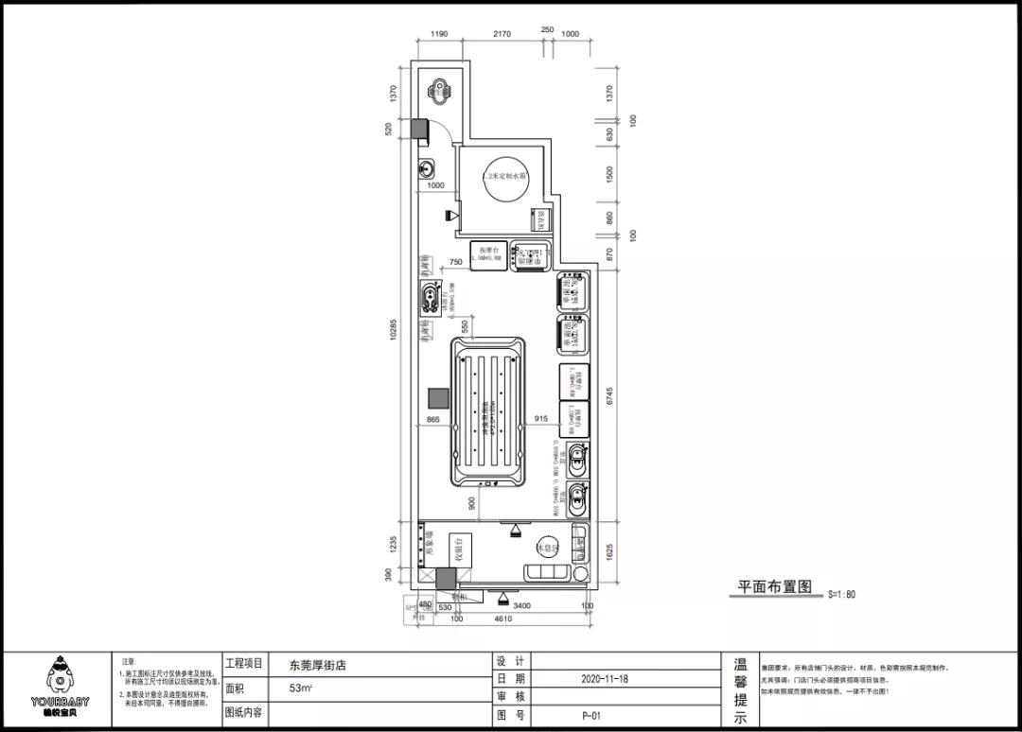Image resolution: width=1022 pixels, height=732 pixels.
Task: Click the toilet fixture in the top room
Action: click(440, 92)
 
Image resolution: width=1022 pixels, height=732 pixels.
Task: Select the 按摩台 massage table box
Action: click(488, 255)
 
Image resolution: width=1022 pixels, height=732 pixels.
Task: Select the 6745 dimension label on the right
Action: click(610, 397)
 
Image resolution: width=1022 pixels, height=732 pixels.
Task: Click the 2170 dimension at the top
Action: click(502, 34)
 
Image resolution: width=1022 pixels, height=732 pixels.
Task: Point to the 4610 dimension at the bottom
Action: click(502, 619)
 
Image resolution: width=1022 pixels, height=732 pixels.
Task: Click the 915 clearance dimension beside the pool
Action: click(540, 419)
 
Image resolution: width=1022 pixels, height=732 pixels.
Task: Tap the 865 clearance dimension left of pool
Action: click(433, 419)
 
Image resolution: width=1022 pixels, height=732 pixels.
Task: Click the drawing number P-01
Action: click(591, 716)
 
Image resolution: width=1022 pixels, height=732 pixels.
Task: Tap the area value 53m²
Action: click(302, 688)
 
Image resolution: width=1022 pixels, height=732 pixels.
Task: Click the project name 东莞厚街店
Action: click(318, 665)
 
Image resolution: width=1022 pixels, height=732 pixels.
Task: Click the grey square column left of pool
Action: click(438, 399)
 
